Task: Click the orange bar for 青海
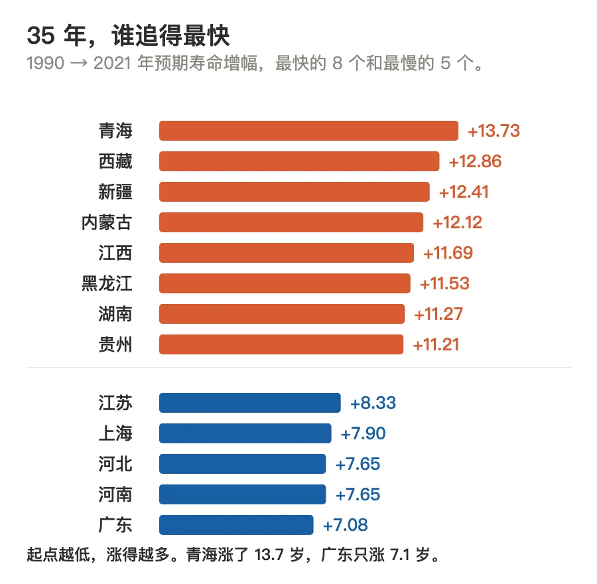308,131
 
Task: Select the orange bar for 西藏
299,161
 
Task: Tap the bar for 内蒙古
291,222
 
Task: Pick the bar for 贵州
281,344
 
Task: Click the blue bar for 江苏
250,403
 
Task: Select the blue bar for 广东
236,525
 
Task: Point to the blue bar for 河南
243,494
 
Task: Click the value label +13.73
494,131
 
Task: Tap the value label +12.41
464,192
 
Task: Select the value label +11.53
444,283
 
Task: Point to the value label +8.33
373,403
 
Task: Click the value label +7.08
346,526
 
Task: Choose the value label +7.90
364,433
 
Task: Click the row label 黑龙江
107,283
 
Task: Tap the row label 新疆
115,192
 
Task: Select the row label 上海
115,433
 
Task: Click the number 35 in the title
40,36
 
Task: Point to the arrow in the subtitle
79,64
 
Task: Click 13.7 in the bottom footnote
269,555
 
